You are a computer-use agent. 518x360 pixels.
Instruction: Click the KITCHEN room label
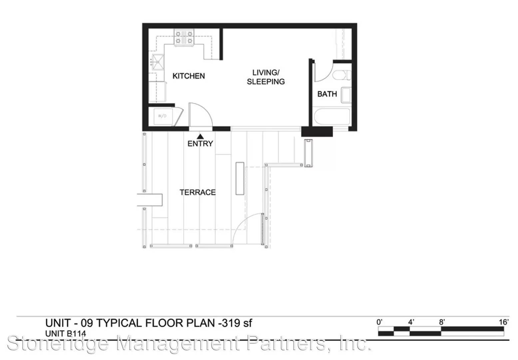[x=189, y=76]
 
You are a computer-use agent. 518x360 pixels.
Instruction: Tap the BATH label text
[x=327, y=94]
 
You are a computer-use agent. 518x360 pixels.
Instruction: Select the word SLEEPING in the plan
[x=266, y=82]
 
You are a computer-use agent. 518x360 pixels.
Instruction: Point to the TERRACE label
[x=198, y=192]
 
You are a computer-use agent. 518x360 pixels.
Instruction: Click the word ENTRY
[x=200, y=144]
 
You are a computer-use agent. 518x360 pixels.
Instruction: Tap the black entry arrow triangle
[x=200, y=137]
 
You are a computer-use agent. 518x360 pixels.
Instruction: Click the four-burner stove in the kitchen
[x=184, y=37]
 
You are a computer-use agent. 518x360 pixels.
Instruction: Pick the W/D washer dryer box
[x=163, y=116]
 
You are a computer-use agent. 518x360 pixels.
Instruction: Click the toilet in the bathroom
[x=342, y=75]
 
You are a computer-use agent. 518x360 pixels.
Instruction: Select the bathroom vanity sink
[x=346, y=95]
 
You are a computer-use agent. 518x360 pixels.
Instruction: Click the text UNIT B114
[x=66, y=334]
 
